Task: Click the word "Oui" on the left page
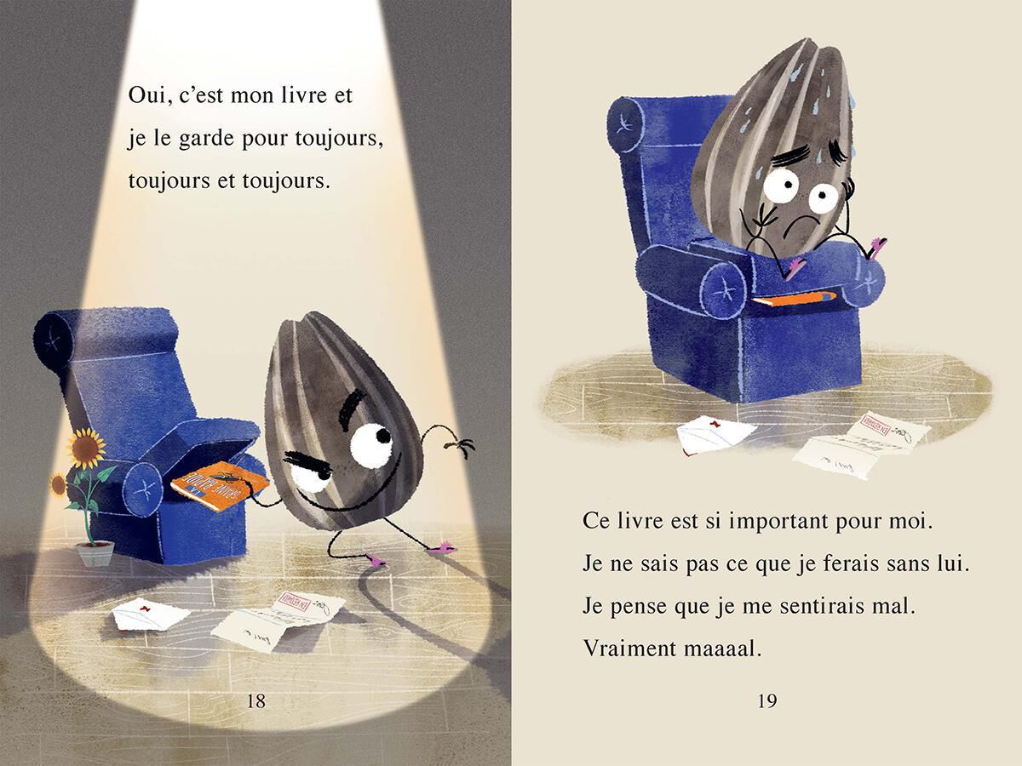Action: tap(146, 95)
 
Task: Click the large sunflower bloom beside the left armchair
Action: tap(84, 443)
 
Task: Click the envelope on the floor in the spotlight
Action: tap(151, 616)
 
